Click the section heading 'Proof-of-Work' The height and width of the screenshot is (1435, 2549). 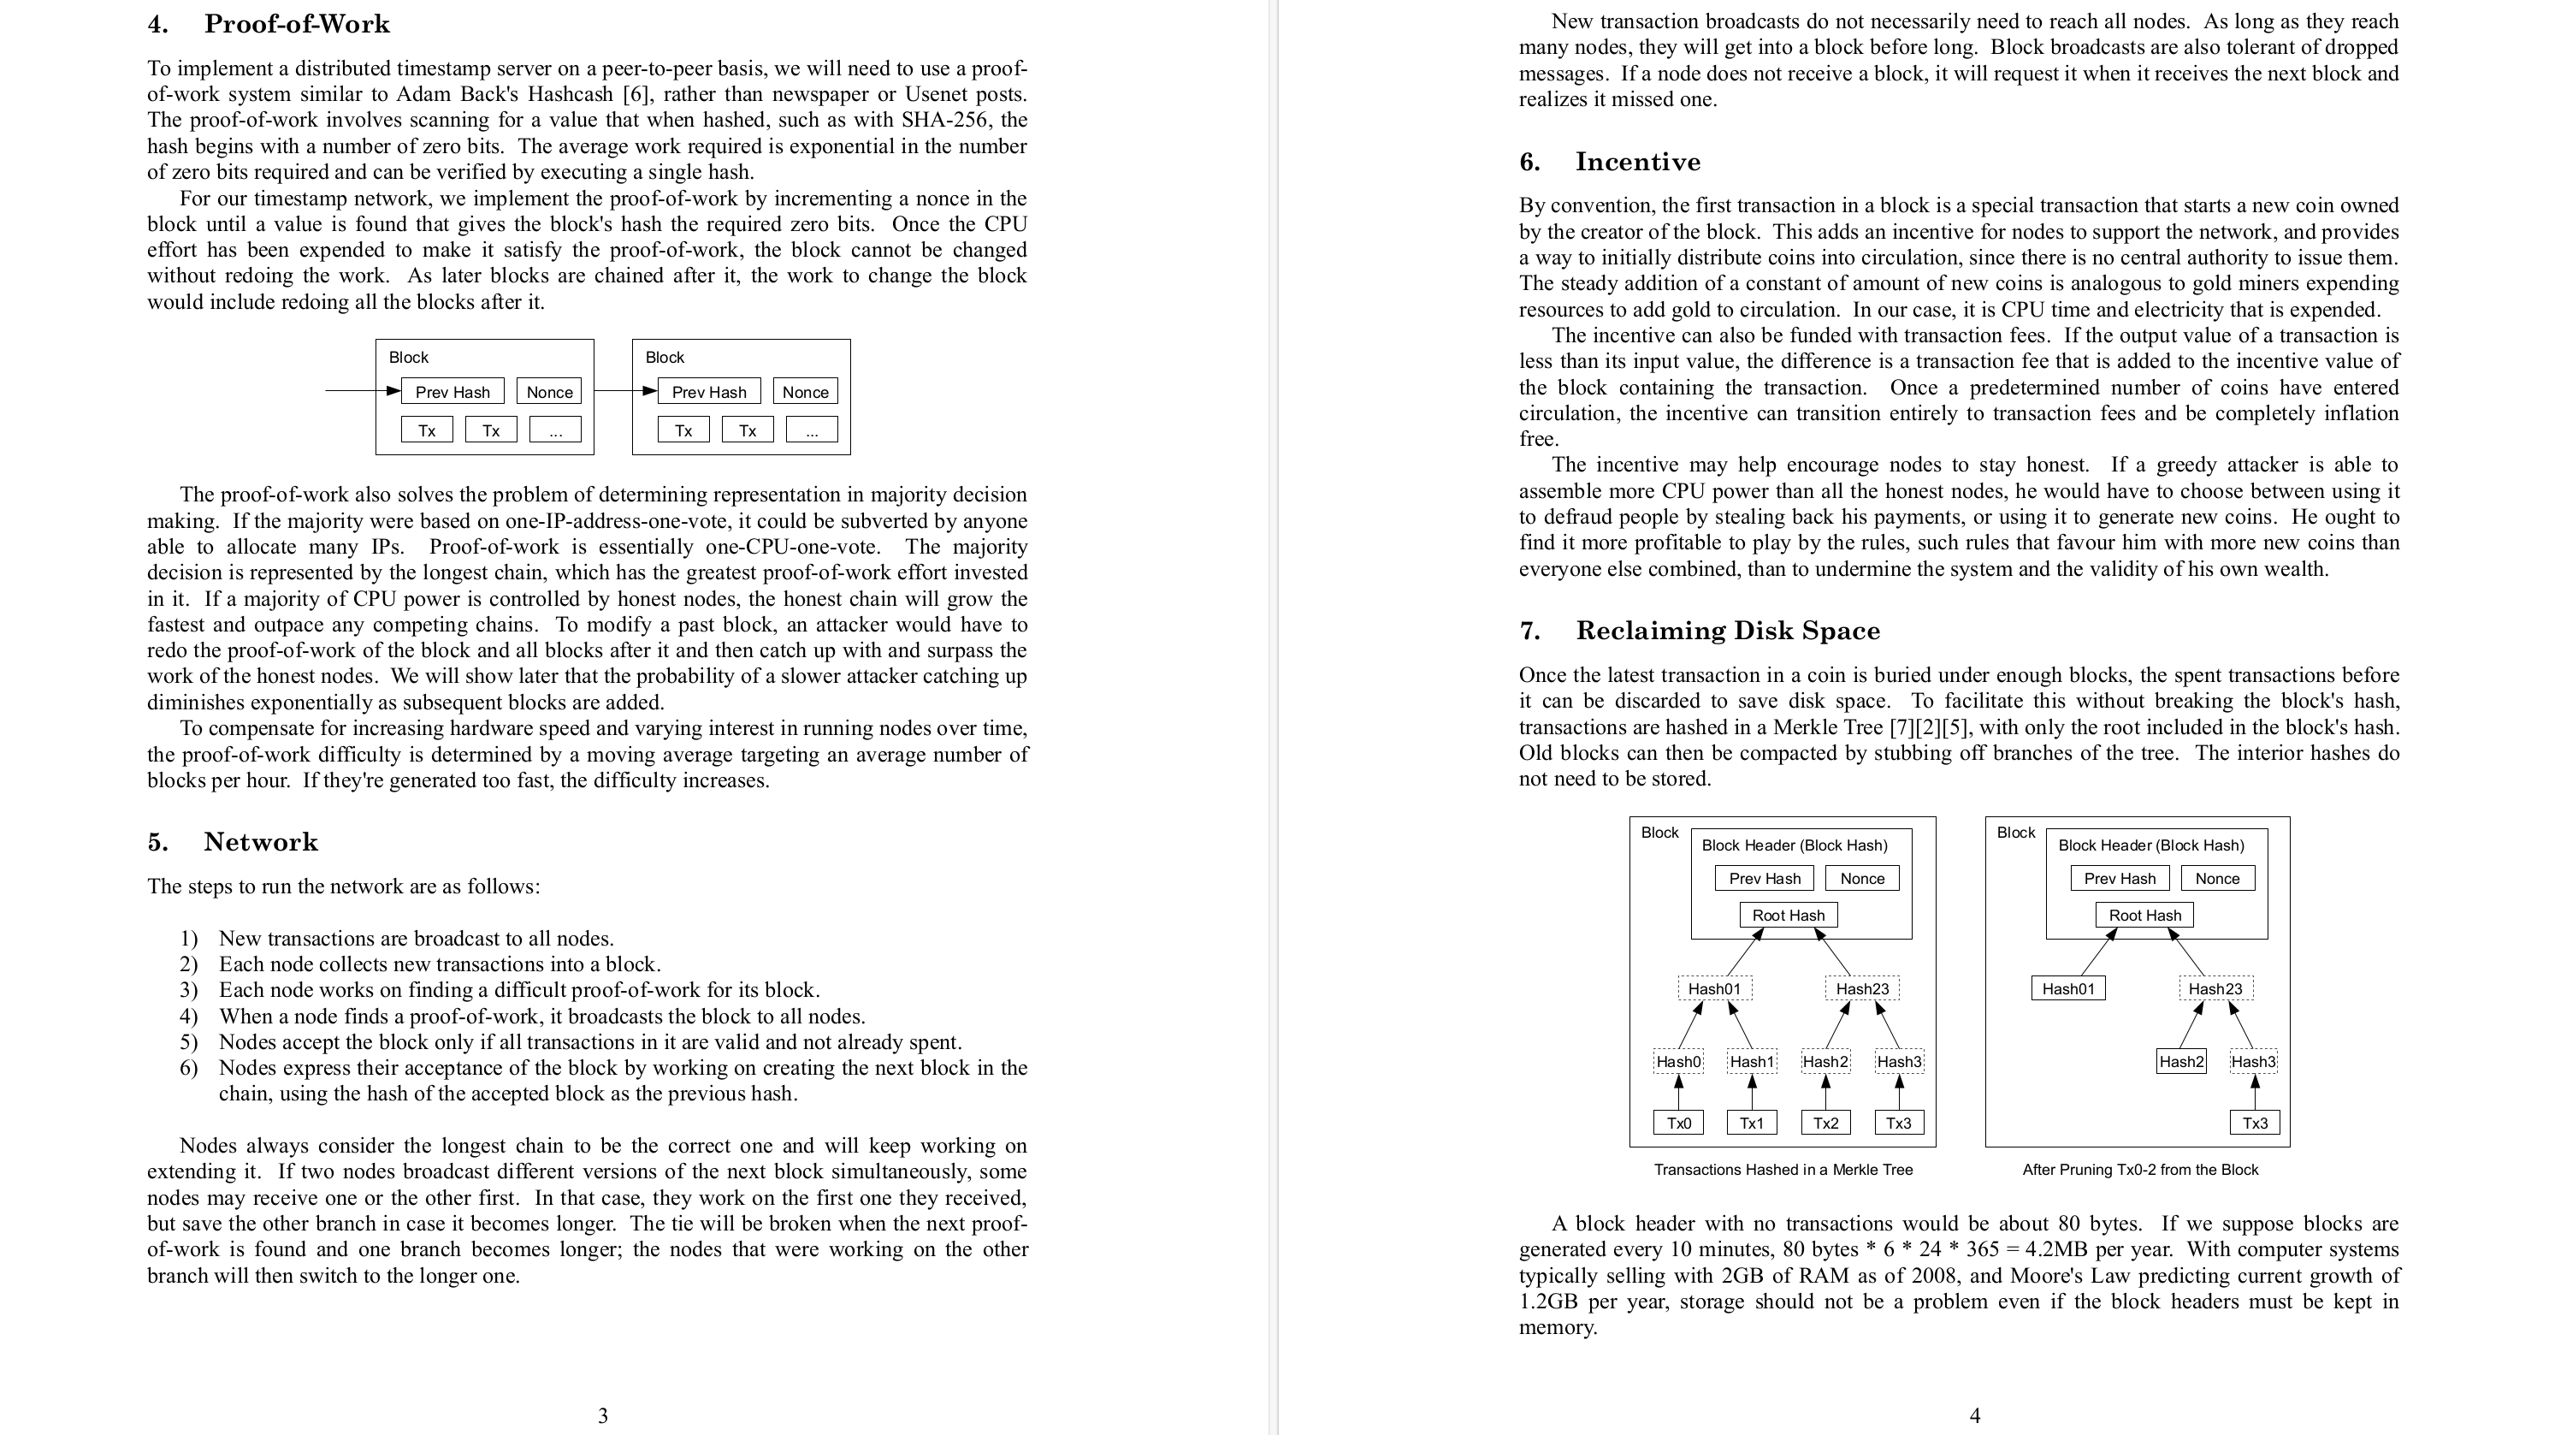coord(297,24)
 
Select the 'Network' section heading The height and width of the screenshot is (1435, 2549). coord(260,842)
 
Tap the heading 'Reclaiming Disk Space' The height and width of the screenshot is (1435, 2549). coord(1728,631)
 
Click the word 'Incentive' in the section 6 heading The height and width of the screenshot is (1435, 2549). coord(1638,162)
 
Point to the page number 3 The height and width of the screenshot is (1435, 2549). coord(603,1415)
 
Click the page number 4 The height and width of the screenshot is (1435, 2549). coord(1974,1415)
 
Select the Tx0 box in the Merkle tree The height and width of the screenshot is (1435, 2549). coord(1678,1124)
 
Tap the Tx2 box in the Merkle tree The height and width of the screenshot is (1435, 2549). coord(1825,1124)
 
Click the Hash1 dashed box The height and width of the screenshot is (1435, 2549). coord(1752,1062)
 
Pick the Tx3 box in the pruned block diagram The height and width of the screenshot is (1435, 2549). coord(2255,1124)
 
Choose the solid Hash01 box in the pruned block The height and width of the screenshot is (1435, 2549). coord(2068,988)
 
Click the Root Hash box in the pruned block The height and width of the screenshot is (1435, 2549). coord(2144,916)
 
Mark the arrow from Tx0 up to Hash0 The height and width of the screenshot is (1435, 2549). coord(1678,1093)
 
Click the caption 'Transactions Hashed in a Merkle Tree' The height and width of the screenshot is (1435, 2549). coord(1783,1170)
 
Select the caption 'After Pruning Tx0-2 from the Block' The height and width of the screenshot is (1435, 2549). coord(2140,1170)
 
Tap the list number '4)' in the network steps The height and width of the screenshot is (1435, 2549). coord(189,1017)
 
